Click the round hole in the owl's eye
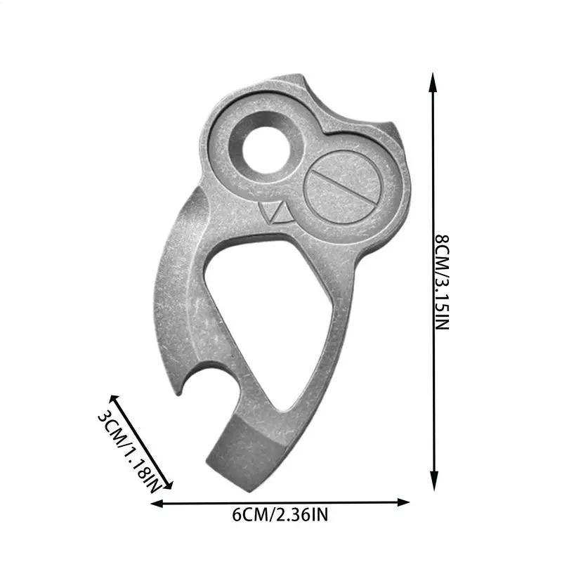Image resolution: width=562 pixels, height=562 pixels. [x=266, y=150]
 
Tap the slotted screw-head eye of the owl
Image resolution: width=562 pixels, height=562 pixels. [x=344, y=188]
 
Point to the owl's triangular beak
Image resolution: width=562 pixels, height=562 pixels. [x=277, y=214]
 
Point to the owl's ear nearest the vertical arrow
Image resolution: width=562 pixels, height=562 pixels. [x=393, y=133]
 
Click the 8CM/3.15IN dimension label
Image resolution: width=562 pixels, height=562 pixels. [x=442, y=282]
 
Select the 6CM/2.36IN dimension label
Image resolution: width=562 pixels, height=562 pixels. [x=280, y=515]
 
